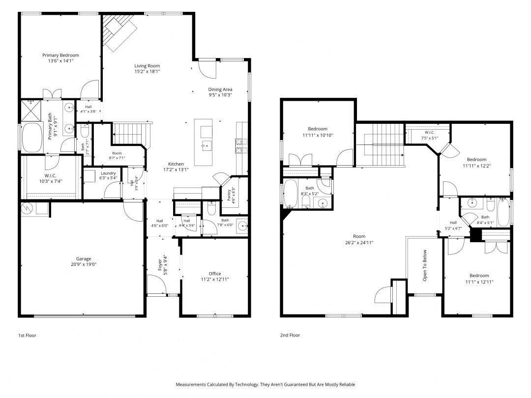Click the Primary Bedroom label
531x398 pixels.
click(60, 55)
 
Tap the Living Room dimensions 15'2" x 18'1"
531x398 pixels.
click(147, 71)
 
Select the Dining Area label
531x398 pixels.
click(220, 89)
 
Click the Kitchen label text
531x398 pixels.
click(176, 164)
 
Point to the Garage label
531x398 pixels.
click(83, 259)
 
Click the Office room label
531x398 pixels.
click(215, 274)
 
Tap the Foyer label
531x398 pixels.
click(160, 265)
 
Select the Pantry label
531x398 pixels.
click(229, 195)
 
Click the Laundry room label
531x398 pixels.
click(108, 173)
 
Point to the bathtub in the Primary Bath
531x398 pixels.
click(32, 137)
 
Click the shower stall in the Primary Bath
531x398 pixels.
click(31, 111)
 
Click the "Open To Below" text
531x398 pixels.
click(425, 266)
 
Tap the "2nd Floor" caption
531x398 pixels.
click(290, 335)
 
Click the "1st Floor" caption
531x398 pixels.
click(27, 336)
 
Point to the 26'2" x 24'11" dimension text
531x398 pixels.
click(359, 242)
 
